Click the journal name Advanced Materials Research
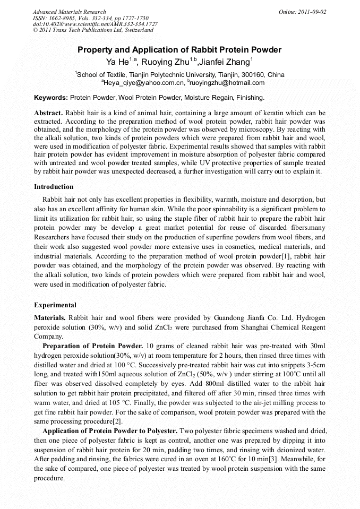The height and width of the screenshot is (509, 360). click(69, 12)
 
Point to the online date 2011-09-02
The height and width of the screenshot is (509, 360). click(307, 12)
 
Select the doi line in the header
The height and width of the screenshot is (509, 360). click(95, 24)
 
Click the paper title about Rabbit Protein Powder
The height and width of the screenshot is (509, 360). click(179, 50)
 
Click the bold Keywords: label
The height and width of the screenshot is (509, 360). click(51, 98)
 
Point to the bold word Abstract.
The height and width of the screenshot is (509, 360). click(48, 113)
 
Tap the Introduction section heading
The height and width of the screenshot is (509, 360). click(54, 187)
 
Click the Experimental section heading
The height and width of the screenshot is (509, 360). click(55, 305)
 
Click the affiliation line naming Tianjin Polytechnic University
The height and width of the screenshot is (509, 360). click(179, 75)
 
